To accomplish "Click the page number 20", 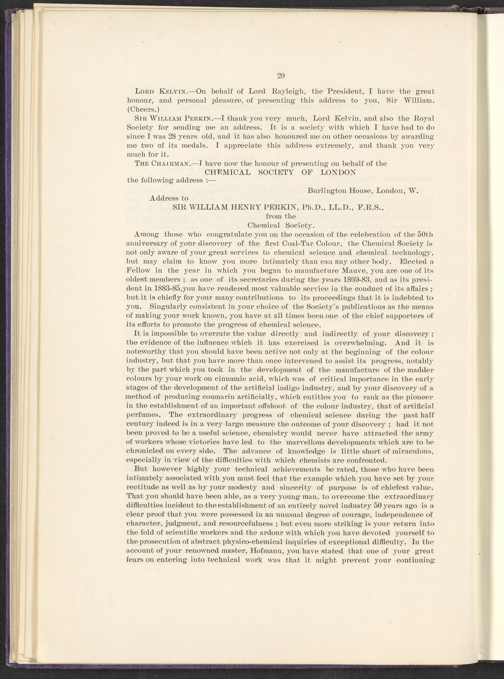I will point(281,76).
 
